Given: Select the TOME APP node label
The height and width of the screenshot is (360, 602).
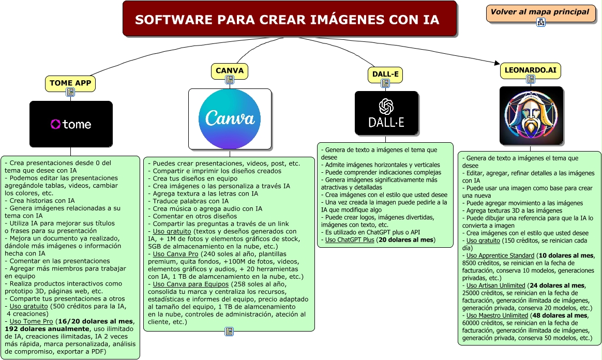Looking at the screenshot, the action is click(70, 83).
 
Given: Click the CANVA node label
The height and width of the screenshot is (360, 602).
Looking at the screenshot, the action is click(230, 71).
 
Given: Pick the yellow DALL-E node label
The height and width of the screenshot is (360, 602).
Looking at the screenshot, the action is click(385, 74).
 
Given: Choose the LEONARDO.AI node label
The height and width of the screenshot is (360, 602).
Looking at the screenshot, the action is click(530, 70).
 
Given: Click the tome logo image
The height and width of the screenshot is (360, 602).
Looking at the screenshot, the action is click(71, 124).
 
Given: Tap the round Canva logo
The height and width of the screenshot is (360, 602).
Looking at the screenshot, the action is click(230, 119).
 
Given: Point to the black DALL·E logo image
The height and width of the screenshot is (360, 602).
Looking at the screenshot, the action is click(386, 113).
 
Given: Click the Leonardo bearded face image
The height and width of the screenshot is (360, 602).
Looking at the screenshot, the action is click(531, 115).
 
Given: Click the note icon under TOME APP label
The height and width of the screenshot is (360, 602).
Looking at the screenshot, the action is click(70, 92).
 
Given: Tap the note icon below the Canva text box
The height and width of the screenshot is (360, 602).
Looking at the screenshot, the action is click(229, 332).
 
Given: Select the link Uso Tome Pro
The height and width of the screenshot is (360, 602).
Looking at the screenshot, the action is click(31, 321).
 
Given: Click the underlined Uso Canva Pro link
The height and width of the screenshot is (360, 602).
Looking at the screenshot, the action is click(175, 253).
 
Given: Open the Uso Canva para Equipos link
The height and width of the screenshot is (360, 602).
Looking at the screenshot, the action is click(190, 284).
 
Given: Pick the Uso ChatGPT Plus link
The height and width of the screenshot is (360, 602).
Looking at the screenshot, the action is click(350, 240).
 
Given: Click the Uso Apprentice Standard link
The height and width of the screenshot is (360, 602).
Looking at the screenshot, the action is click(500, 256).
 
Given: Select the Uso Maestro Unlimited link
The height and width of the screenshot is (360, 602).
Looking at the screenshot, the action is click(497, 316).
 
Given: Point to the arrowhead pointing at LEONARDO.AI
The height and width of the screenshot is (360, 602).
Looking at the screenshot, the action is click(497, 63).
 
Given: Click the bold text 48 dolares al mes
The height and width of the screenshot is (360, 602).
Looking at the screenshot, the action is click(560, 316).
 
